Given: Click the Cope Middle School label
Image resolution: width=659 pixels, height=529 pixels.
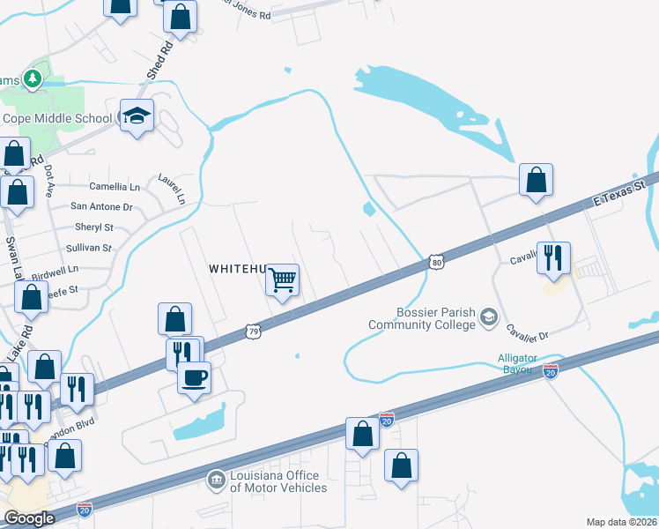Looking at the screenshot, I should (x=57, y=118).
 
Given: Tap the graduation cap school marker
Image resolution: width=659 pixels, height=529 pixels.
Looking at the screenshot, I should (x=137, y=116).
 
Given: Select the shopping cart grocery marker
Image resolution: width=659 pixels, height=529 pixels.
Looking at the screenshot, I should (x=283, y=281).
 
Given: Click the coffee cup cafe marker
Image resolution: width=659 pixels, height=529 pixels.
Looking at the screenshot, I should (x=195, y=378).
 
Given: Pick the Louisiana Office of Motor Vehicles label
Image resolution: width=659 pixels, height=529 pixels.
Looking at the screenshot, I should (x=278, y=481).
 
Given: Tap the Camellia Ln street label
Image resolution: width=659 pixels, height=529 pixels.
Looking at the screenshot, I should (x=115, y=187).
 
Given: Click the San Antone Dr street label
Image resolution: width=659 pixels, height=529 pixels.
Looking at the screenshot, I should (x=101, y=207).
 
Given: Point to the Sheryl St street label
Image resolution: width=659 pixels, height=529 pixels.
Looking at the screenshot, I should (x=93, y=227).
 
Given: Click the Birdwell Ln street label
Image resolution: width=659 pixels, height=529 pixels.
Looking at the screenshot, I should (x=55, y=268).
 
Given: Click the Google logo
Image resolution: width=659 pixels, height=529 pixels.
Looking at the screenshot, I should (x=29, y=518).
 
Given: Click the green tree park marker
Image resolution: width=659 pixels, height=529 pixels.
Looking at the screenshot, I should (x=33, y=79).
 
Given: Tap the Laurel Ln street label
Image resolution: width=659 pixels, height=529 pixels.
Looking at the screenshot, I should (x=173, y=188).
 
